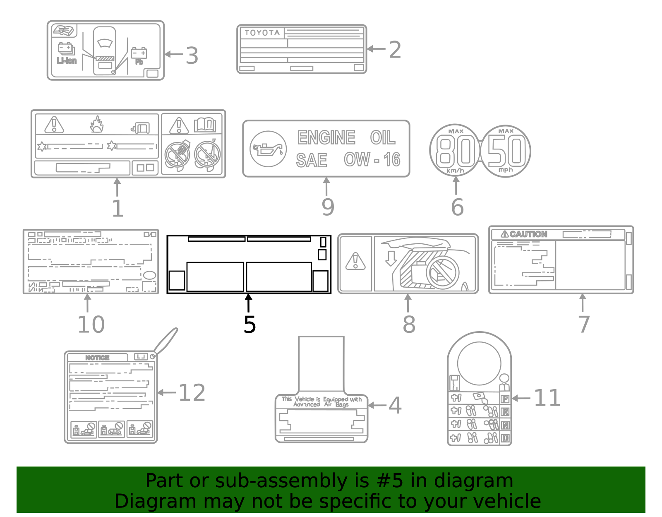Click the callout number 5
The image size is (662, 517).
pos(249,325)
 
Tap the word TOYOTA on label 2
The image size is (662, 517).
pos(262,33)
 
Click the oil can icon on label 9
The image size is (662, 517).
pos(268,149)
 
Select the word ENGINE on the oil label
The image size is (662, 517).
pos(326,138)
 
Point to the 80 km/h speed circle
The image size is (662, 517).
pos(455,151)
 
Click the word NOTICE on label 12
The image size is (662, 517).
pos(97,358)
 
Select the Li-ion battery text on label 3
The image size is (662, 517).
pos(67,61)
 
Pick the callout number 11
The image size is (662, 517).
pos(547,398)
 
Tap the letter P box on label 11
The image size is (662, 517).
pos(505,399)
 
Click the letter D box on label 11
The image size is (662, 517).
pos(505,438)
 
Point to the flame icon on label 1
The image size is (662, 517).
pos(97,124)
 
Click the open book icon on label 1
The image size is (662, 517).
pos(205,125)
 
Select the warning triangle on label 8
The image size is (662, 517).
pos(355,262)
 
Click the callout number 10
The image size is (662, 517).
pos(91,325)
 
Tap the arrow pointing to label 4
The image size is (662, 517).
pos(377,405)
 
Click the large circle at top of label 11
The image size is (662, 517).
pos(479,363)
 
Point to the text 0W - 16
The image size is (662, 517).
pos(372,160)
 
